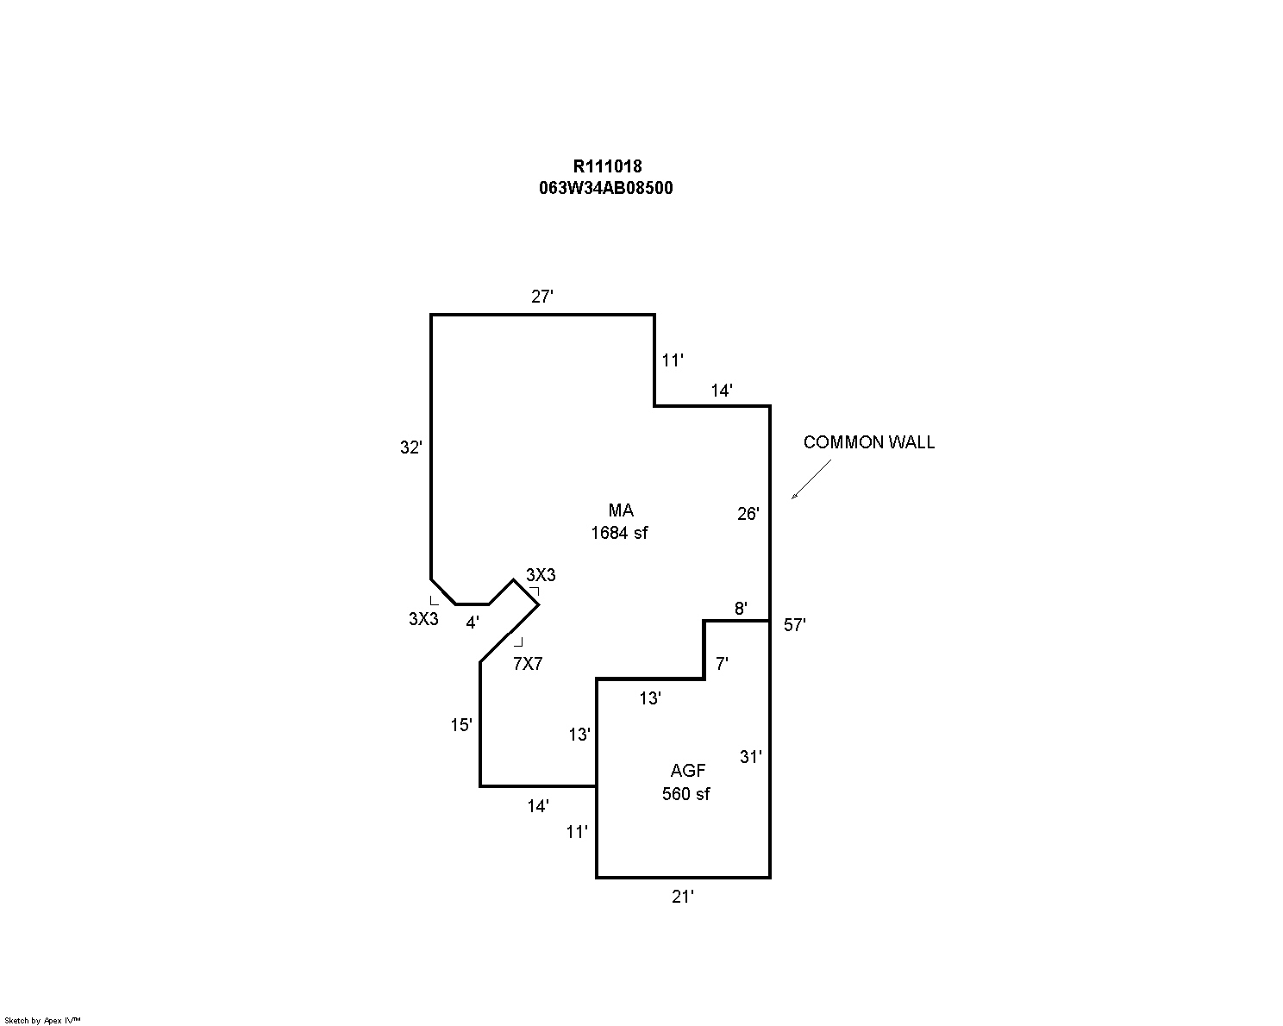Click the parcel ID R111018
607,167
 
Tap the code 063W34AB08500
605,188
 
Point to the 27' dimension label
541,297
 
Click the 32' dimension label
411,447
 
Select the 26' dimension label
748,514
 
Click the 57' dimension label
794,626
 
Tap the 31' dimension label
750,757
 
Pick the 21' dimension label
683,898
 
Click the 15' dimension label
461,726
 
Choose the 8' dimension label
741,609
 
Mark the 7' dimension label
722,664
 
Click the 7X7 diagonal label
528,664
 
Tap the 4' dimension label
473,622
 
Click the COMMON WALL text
868,442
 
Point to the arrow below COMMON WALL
811,479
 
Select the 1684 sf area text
618,533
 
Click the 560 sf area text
685,794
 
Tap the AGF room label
687,771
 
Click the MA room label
620,510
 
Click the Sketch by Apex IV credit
42,1020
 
